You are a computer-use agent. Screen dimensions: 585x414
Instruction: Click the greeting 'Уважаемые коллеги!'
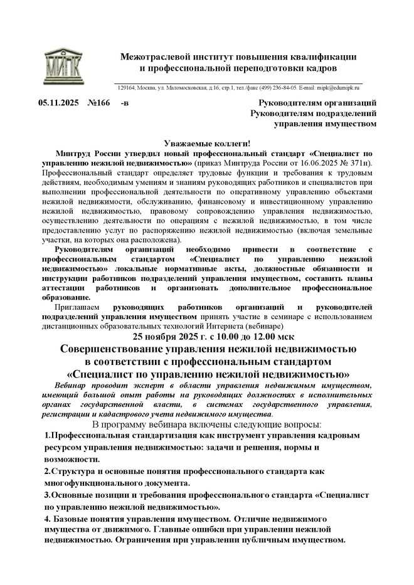(206, 144)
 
